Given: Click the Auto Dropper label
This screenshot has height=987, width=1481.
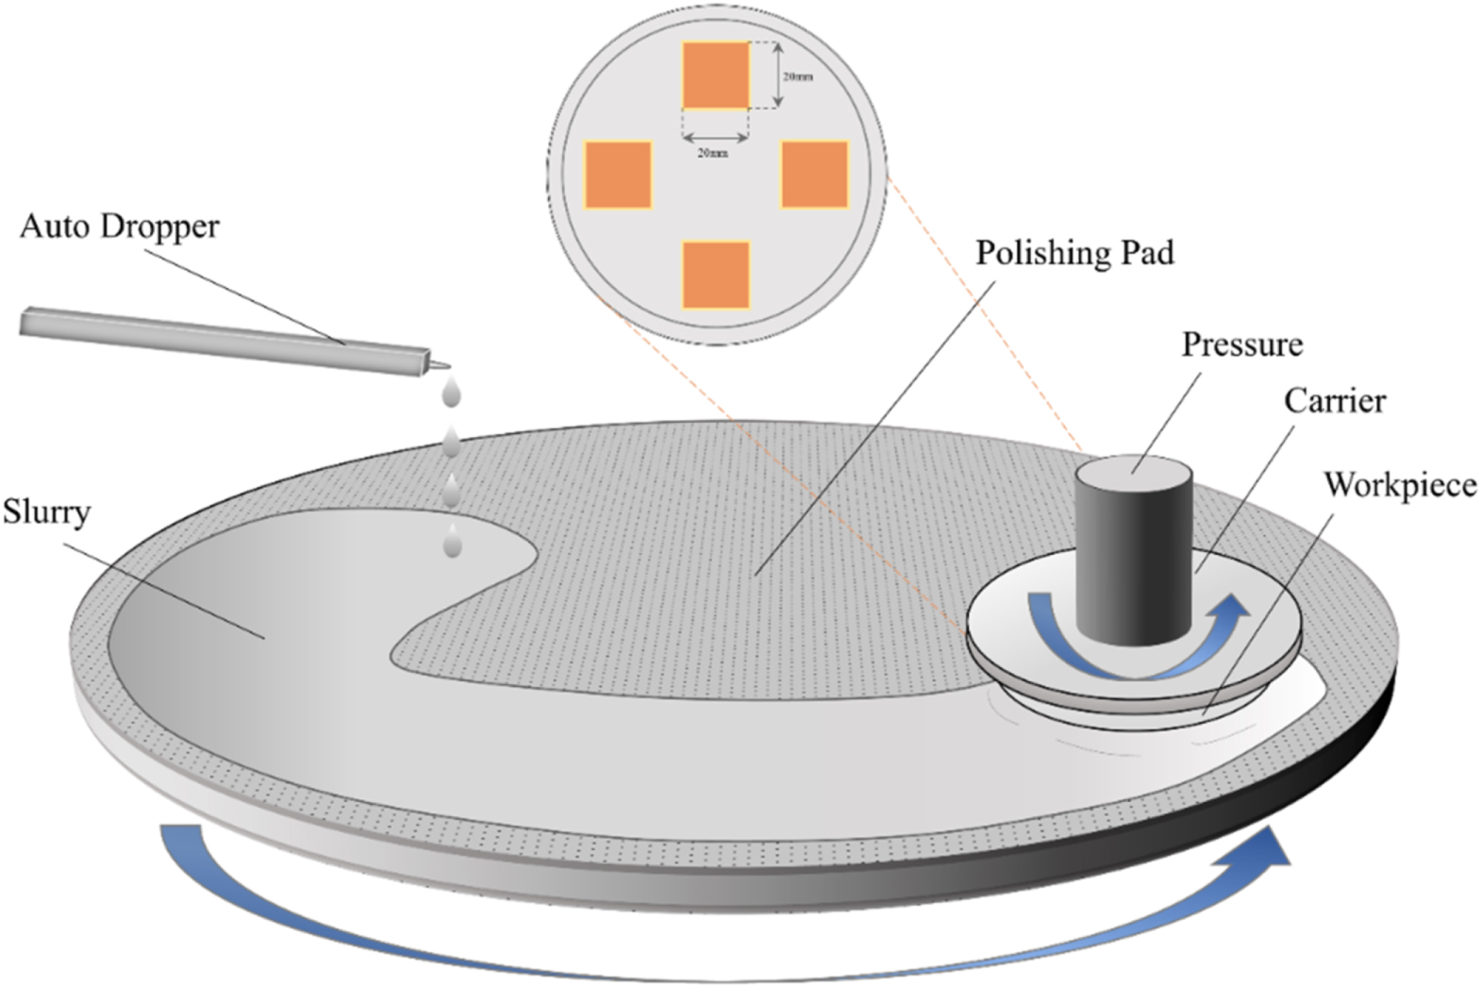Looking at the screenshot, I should click(120, 227).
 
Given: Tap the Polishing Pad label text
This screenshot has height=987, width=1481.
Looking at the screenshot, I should click(1074, 254).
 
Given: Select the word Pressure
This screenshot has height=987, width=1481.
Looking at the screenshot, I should click(1242, 344).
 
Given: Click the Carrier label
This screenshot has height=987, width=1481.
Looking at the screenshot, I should click(1335, 401).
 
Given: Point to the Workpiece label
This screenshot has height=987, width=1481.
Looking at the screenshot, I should click(1400, 485).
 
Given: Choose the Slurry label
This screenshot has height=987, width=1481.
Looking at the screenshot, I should click(46, 512).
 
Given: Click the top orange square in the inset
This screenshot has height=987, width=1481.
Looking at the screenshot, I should click(716, 75).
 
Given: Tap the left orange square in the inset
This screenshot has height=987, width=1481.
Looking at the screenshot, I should click(618, 175).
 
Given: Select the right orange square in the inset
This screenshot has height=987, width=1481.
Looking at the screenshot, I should click(815, 174).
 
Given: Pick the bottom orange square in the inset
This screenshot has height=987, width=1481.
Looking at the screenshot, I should click(716, 275).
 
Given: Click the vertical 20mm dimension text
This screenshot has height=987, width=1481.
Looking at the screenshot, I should click(798, 76).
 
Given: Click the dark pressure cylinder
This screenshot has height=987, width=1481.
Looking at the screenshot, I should click(1133, 566).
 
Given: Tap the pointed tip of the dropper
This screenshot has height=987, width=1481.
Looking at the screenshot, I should click(444, 366).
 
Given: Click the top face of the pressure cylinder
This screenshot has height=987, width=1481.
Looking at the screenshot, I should click(1134, 467).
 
